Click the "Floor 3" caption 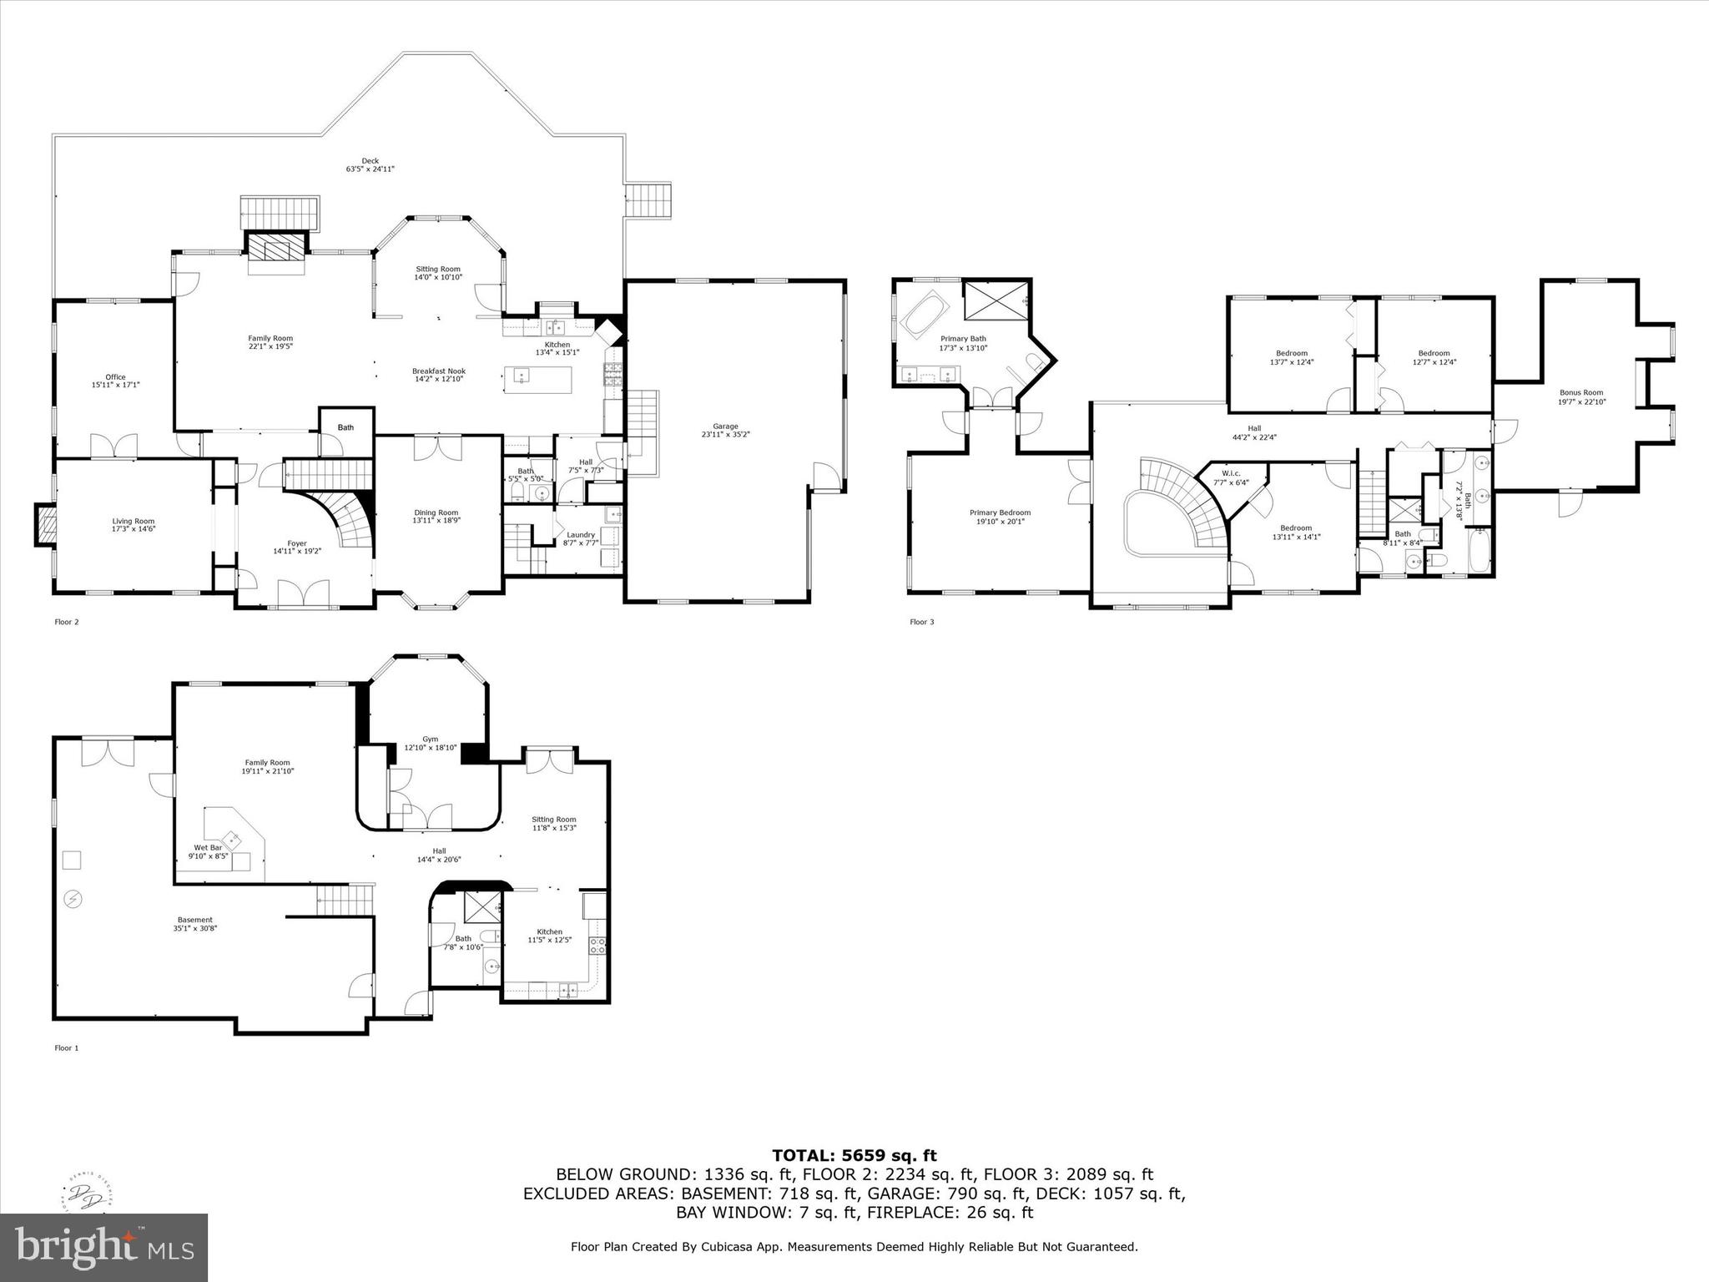tap(921, 622)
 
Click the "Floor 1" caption tap(66, 1047)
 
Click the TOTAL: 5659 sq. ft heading tap(854, 1155)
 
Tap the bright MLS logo tap(103, 1248)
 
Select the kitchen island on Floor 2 tap(538, 380)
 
